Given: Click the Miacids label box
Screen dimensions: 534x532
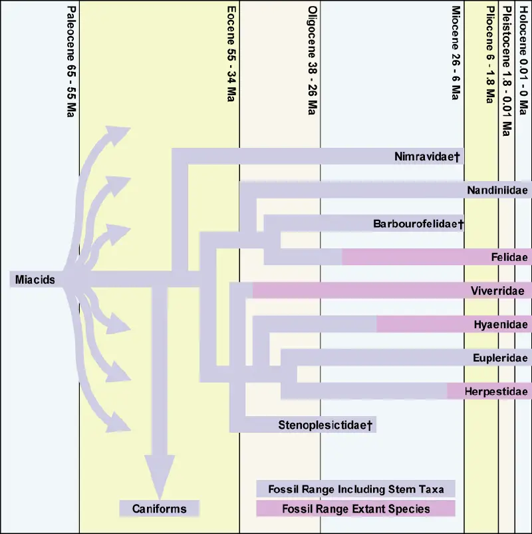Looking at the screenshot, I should click(35, 280).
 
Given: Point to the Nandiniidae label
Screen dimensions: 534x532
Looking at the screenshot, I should click(497, 190).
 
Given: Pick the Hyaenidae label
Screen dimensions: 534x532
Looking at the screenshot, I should click(501, 325).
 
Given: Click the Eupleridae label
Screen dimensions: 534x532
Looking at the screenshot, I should click(500, 358).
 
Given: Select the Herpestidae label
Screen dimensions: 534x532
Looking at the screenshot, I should click(496, 392).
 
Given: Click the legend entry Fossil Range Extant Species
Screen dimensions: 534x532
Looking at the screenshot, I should click(356, 509).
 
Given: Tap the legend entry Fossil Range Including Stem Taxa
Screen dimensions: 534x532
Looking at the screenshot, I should click(356, 489).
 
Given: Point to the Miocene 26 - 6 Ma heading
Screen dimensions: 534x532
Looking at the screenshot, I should click(456, 53).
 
